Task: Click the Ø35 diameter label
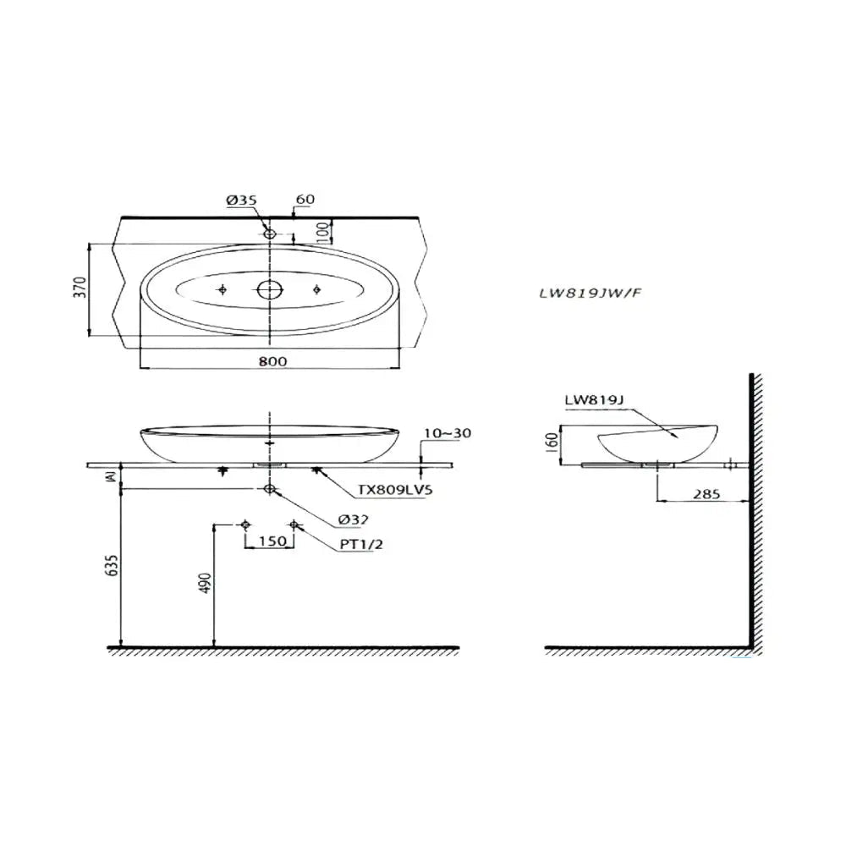point(241,200)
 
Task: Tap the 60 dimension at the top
point(305,200)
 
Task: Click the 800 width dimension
point(272,360)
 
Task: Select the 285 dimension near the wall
point(706,493)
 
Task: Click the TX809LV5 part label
point(395,490)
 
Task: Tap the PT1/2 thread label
point(362,545)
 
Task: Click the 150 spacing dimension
point(270,541)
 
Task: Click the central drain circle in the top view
point(269,290)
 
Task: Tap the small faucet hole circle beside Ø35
point(270,232)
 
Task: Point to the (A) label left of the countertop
point(107,478)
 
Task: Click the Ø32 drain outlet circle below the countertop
point(269,489)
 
